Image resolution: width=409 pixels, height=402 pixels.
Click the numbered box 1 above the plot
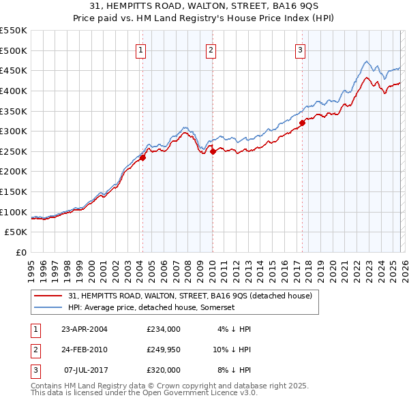coord(140,49)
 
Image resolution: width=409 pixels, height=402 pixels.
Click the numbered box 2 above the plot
coord(211,49)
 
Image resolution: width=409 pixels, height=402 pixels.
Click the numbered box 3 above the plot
coord(300,49)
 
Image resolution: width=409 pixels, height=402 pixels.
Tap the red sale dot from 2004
coord(143,158)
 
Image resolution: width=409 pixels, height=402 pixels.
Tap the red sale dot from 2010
coord(213,151)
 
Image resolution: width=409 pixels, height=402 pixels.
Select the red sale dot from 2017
coord(302,123)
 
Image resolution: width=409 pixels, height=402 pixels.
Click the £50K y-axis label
coord(16,232)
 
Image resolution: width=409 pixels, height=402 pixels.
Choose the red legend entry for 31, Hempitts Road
coord(190,296)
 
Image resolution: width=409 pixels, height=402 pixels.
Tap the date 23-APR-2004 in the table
coord(85,329)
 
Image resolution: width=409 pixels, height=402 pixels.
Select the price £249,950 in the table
coord(163,350)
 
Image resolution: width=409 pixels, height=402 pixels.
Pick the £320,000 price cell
coord(163,370)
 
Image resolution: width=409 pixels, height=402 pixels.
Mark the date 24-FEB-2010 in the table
coord(85,350)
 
